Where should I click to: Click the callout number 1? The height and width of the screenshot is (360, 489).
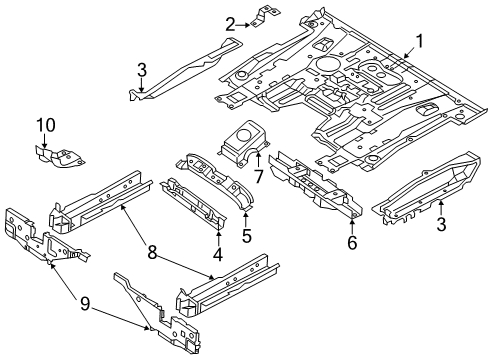click(x=420, y=41)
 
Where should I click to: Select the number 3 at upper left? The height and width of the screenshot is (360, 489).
click(x=142, y=68)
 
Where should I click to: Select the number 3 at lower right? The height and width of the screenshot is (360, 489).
click(x=440, y=226)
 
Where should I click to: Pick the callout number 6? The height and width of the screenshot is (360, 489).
click(x=352, y=241)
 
